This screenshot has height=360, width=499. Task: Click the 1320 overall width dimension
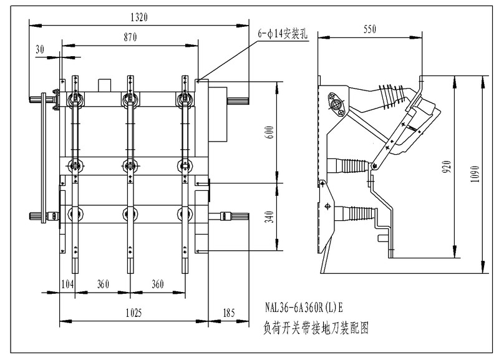click(138, 18)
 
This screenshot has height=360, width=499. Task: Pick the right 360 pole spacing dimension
click(158, 285)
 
